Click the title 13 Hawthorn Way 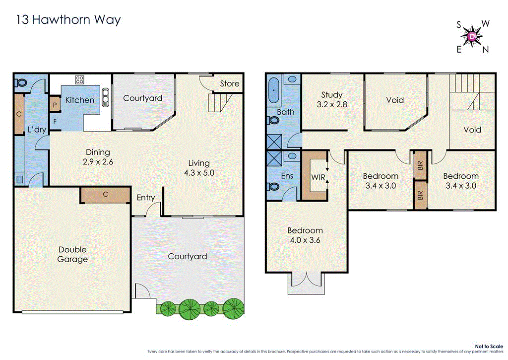coord(68,20)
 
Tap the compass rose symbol coord(472,36)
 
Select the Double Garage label coord(72,254)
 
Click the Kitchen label coord(80,100)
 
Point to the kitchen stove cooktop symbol coord(79,79)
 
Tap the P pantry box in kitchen coord(55,104)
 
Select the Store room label coord(229,83)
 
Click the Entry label coord(146,198)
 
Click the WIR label coord(318,177)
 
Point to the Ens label coord(287,175)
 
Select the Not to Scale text coord(489,346)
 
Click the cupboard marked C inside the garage coord(105,195)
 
